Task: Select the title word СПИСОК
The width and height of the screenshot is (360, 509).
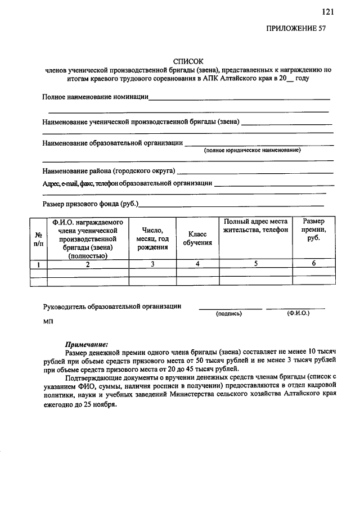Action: (188, 61)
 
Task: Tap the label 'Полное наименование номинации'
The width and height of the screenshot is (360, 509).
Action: (95, 97)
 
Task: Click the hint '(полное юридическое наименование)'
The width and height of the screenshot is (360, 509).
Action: (253, 151)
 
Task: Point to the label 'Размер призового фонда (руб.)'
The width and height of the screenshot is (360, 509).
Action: (91, 204)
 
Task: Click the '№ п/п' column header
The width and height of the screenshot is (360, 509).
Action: (38, 239)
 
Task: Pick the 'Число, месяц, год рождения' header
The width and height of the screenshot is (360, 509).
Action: (152, 238)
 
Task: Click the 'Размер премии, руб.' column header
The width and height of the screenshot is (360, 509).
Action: (313, 230)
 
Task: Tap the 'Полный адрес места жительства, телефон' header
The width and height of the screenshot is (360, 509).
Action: (255, 226)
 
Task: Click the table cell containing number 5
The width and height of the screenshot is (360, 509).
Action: (255, 263)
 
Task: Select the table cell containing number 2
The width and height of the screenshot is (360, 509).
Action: (88, 264)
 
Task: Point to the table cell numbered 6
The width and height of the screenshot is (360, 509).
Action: (313, 263)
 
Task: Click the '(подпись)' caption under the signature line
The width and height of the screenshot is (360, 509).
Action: (229, 314)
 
